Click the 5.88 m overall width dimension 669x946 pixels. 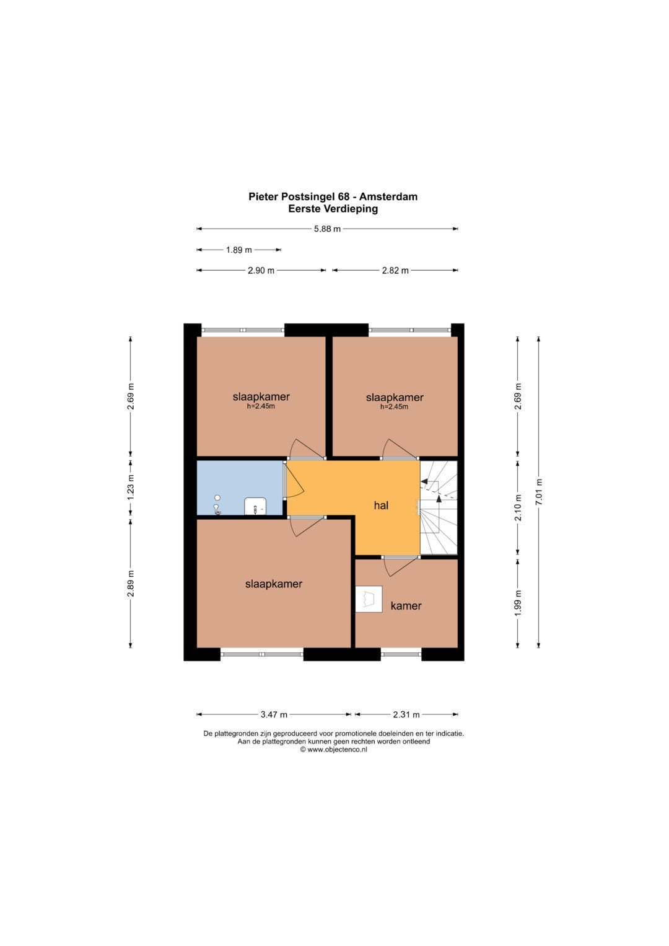point(327,229)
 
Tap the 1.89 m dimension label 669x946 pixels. point(238,250)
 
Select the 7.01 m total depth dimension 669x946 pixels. point(538,492)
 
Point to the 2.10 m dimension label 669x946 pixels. point(518,507)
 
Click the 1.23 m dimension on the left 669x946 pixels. point(131,488)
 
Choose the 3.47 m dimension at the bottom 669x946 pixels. point(274,714)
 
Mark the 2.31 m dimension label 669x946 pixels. point(406,714)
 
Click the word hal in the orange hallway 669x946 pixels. point(381,506)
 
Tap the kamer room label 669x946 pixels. point(406,606)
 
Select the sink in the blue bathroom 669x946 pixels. point(255,506)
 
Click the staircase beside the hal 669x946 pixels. point(439,507)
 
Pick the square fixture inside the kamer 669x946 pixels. point(369,599)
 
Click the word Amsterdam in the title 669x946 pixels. point(388,197)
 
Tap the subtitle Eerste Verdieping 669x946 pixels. point(333,209)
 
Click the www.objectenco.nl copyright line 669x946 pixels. point(333,750)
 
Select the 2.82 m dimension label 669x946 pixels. point(395,271)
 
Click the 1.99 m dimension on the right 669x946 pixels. point(518,603)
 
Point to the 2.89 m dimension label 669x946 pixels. point(131,583)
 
